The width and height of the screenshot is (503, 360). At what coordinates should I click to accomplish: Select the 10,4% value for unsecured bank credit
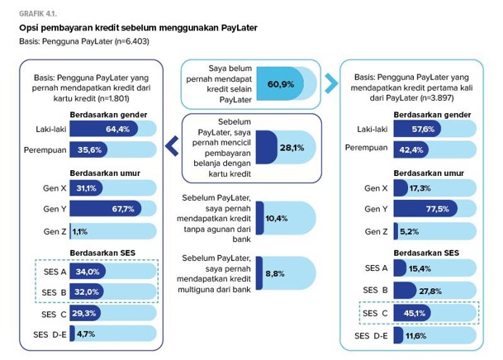click(277, 218)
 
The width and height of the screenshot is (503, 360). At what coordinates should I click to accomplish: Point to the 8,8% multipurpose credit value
click(275, 272)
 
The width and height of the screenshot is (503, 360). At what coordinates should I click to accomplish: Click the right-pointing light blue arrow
click(330, 83)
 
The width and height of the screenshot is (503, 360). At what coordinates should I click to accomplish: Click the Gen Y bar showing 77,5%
click(438, 209)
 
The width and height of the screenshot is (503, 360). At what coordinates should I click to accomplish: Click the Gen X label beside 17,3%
click(376, 188)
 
